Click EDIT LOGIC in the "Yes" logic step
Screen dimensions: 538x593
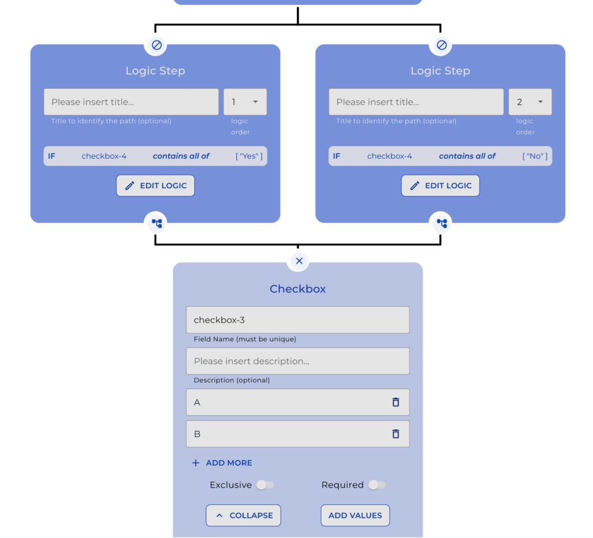click(155, 186)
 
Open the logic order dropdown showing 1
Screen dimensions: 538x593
click(245, 102)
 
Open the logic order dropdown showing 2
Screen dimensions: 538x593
click(530, 102)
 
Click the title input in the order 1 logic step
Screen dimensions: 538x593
click(131, 102)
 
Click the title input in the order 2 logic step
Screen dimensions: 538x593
click(416, 102)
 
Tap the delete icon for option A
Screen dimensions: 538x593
click(396, 402)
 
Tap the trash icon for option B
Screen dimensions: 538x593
click(396, 434)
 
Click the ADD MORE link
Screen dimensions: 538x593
click(222, 463)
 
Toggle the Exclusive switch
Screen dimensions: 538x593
click(265, 485)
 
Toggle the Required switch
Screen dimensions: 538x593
click(377, 485)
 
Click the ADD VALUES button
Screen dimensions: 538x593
click(355, 515)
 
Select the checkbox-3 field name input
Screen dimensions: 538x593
click(297, 320)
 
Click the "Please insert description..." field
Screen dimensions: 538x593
click(297, 361)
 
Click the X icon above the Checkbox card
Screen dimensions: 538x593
click(299, 261)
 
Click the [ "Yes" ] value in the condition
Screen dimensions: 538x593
click(249, 156)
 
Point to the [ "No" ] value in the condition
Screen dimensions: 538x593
click(535, 156)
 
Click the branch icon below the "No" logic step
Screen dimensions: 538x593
click(441, 223)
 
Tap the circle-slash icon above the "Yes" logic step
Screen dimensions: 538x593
click(156, 45)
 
